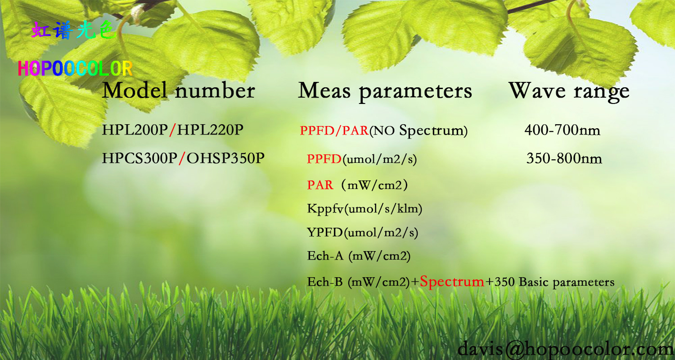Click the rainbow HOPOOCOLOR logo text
coord(75,68)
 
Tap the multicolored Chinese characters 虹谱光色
coord(74,30)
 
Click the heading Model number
coord(178,90)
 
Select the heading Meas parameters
coord(385,91)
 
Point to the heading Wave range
coord(569,91)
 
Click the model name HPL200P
coord(135,130)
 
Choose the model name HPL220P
coord(210,130)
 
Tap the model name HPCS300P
coord(139,158)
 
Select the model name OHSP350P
coord(225,158)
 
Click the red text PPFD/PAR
coord(334,130)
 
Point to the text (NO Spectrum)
coord(418,131)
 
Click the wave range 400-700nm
coord(562,130)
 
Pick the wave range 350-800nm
coord(564,158)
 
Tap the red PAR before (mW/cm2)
coord(320,185)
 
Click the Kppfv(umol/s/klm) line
coord(364,209)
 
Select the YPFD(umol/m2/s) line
coord(363,233)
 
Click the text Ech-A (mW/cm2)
coord(359,256)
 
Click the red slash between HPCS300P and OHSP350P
coord(182,158)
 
